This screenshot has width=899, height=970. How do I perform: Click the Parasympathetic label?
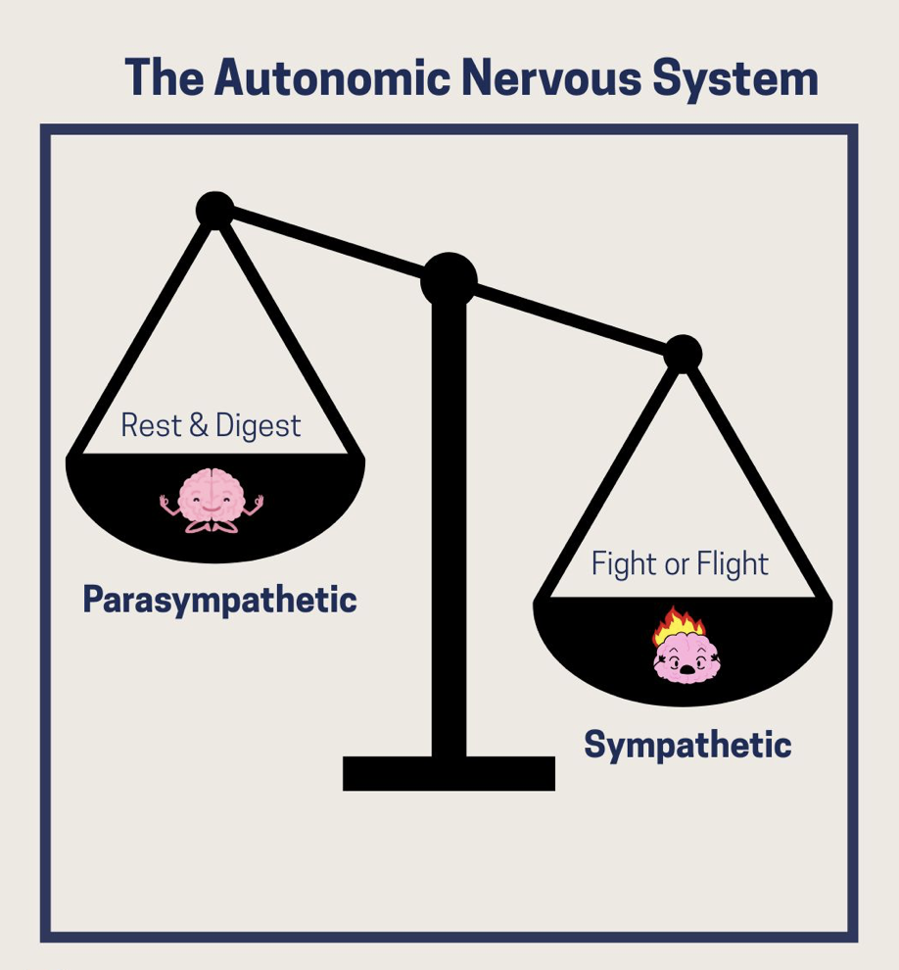point(219,600)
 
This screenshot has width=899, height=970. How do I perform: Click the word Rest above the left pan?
point(148,426)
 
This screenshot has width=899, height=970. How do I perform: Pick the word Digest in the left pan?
point(259,427)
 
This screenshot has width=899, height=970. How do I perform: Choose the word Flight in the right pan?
point(733,564)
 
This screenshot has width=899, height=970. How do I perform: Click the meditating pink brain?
point(212,500)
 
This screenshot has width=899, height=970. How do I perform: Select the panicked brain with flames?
point(685,652)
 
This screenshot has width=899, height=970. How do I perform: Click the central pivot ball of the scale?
point(449,280)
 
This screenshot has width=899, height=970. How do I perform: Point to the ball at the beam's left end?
point(213,209)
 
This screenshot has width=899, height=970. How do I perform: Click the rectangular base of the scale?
point(449,773)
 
